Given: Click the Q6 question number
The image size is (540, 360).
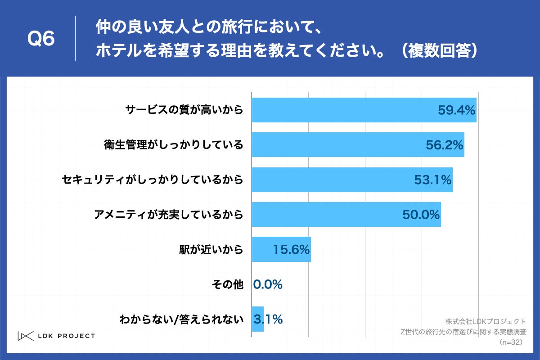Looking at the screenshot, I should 41,39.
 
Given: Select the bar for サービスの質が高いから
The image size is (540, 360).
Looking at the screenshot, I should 342,110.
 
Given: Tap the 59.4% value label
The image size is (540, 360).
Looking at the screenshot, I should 456,110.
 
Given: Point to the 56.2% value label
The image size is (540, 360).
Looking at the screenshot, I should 445,145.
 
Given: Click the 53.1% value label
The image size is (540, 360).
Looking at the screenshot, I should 432,180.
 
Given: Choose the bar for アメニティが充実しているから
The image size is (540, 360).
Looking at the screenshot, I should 324,215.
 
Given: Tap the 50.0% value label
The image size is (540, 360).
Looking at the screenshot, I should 421,215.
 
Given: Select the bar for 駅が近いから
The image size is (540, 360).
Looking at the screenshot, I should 261,249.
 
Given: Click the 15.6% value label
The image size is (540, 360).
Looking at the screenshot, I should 292,250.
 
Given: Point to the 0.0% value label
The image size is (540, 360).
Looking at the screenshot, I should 268,284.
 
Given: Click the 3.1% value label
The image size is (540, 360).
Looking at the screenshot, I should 269,319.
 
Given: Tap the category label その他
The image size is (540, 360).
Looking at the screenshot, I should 227,284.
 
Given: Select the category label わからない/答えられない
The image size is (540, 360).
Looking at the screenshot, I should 181,319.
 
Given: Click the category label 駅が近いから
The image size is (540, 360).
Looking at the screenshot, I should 211,249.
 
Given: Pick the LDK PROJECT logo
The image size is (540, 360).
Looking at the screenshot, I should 56,336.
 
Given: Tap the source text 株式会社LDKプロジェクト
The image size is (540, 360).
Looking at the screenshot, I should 486,321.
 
